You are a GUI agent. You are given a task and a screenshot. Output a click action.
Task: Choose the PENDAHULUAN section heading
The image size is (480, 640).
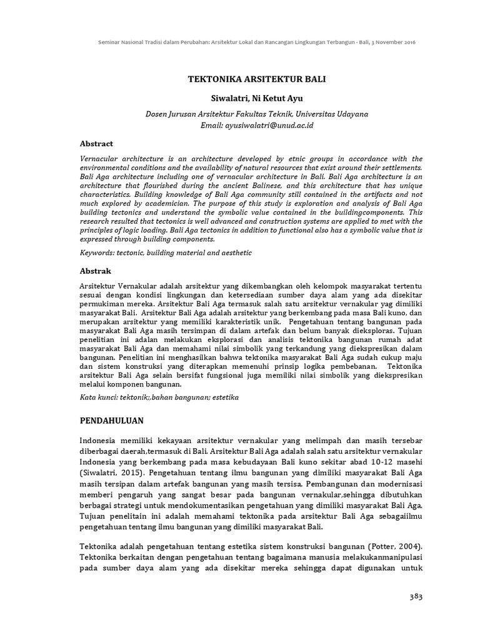[112, 420]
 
